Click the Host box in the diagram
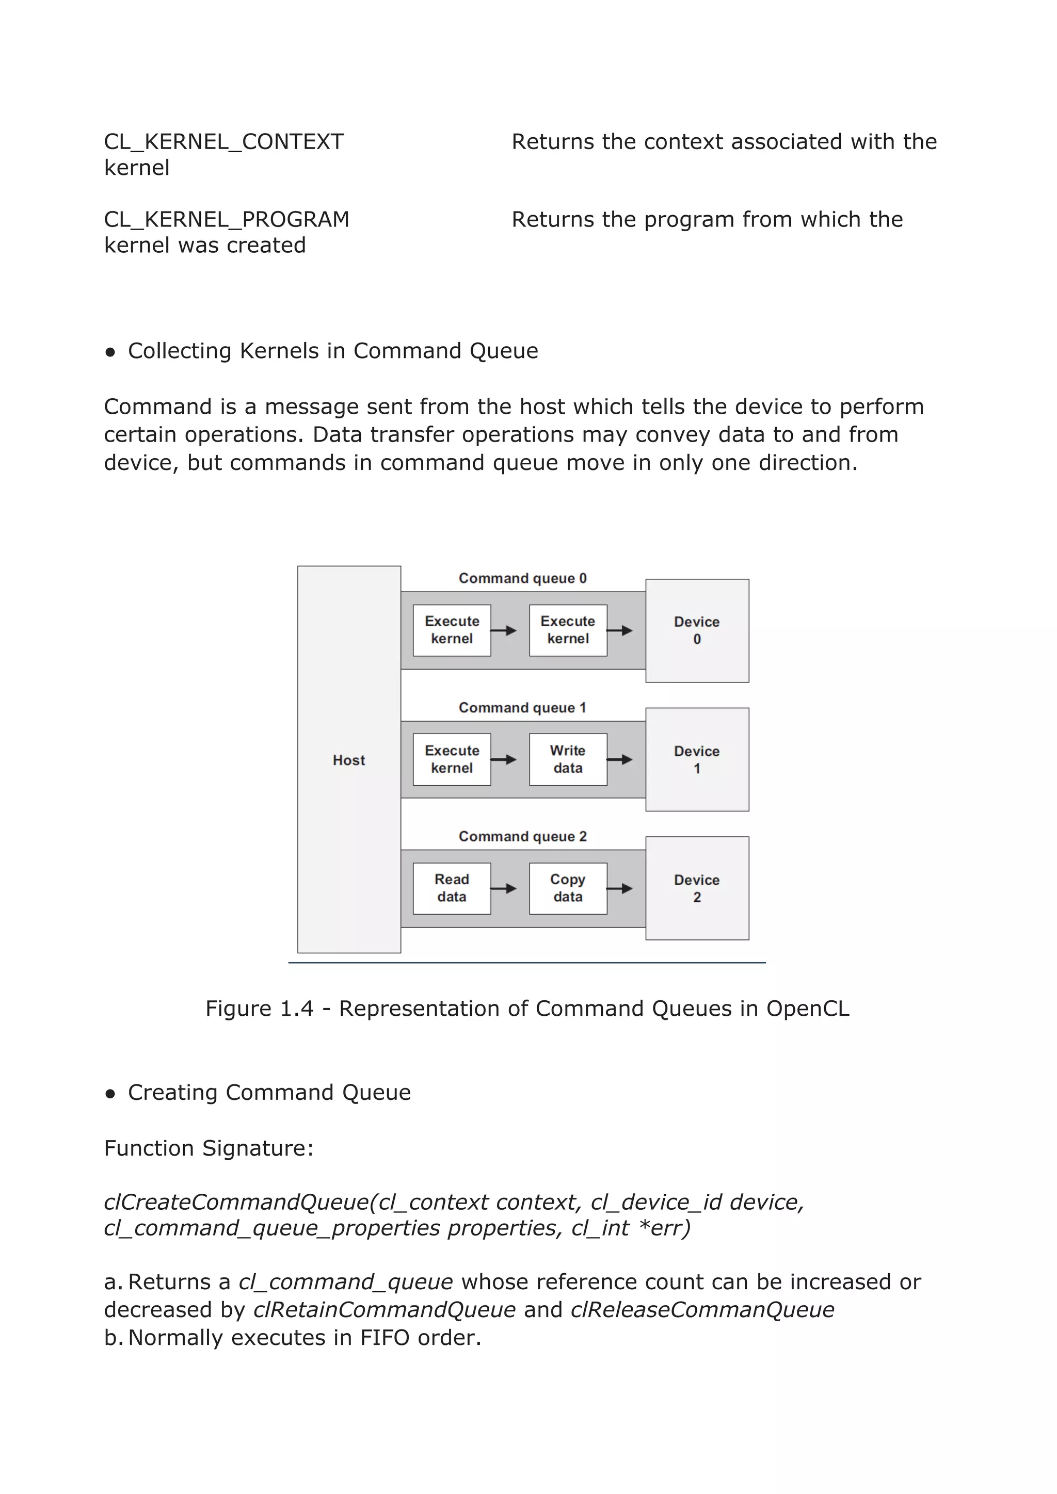point(349,759)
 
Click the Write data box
point(568,759)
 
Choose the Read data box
point(452,888)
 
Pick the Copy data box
point(568,888)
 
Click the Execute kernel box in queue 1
point(452,759)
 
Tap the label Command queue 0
point(523,578)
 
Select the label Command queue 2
point(523,837)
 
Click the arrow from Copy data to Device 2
point(620,889)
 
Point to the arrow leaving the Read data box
point(504,889)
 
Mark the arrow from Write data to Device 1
point(620,760)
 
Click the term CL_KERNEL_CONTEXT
point(224,142)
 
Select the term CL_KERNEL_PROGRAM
point(227,220)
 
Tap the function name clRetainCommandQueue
point(384,1309)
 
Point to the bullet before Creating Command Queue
point(110,1093)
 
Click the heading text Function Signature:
point(209,1148)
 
